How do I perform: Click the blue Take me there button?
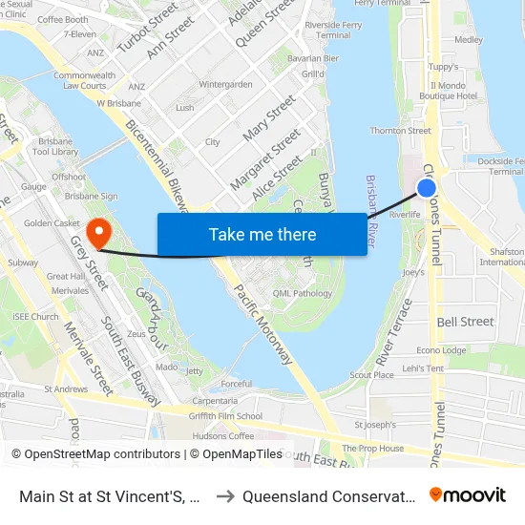(x=262, y=234)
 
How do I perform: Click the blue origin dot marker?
(x=427, y=188)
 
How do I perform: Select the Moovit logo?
(x=467, y=495)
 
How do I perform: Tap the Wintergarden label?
(x=225, y=84)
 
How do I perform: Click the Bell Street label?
(x=465, y=322)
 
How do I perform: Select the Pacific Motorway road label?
(x=262, y=325)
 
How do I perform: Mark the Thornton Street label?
(x=400, y=131)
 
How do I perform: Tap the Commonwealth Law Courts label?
(x=79, y=80)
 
